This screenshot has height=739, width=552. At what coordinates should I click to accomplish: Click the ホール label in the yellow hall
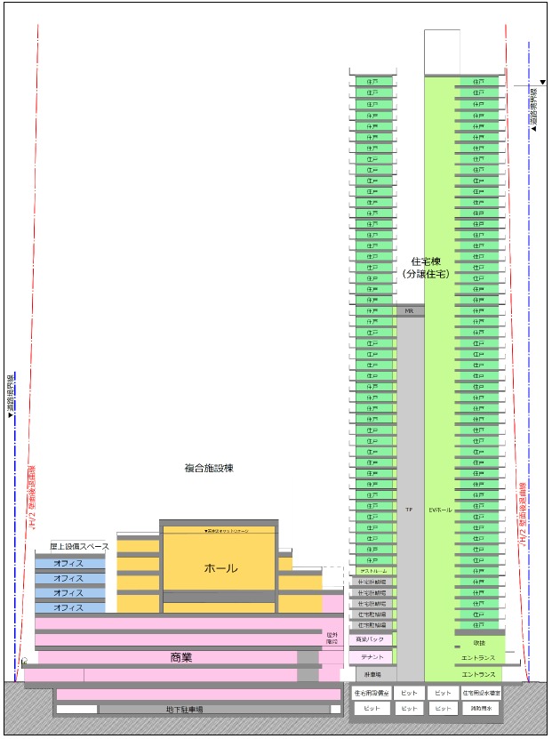[221, 568]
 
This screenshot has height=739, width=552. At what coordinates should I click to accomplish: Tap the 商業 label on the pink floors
[181, 658]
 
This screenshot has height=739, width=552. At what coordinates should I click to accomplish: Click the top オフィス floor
[68, 563]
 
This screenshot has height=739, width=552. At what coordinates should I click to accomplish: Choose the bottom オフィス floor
[68, 607]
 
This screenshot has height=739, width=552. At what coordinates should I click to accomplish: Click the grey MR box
[409, 311]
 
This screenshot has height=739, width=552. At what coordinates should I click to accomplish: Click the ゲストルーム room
[372, 571]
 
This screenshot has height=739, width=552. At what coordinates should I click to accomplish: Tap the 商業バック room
[370, 639]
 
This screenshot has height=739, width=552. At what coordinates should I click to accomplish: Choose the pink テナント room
[372, 657]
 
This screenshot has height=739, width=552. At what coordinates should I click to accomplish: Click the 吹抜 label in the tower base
[479, 642]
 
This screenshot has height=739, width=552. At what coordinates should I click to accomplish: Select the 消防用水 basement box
[480, 709]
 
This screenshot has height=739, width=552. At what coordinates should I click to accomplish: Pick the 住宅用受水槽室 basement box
[480, 692]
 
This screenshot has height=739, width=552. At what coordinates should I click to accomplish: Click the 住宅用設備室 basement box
[372, 692]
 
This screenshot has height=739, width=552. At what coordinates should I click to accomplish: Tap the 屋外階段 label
[332, 638]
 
